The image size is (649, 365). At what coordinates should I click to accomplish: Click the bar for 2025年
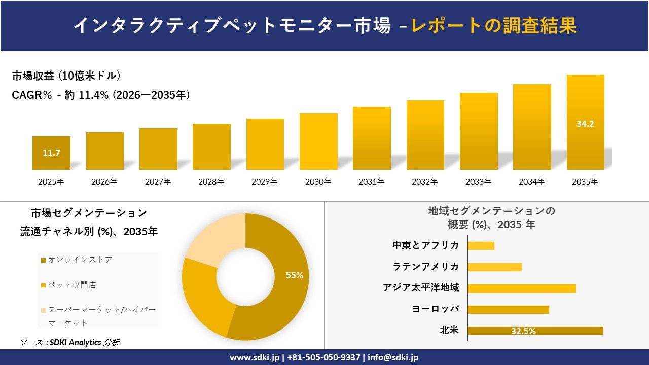coord(51,153)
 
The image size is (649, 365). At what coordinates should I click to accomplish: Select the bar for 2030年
coord(318,141)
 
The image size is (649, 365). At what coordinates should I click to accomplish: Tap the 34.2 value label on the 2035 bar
coord(585,123)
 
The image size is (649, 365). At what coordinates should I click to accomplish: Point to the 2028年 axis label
coord(211,181)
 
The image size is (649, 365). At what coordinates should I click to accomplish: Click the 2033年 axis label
coord(479,181)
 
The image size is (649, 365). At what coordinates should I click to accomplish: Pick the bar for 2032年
coord(425,135)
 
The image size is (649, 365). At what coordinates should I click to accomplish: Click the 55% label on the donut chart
coord(295,275)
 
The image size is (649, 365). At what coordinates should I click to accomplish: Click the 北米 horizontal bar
coord(535,331)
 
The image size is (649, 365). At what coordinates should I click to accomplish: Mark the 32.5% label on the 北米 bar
coord(523,331)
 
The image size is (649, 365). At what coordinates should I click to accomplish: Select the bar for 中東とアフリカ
coord(481,246)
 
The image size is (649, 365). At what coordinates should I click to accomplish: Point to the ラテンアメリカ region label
coord(426,267)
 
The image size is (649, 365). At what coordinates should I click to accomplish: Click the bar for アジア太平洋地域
coord(522,288)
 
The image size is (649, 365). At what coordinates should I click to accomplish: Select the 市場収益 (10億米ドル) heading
coord(66,76)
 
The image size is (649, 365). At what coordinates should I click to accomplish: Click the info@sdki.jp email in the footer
coord(393,357)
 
